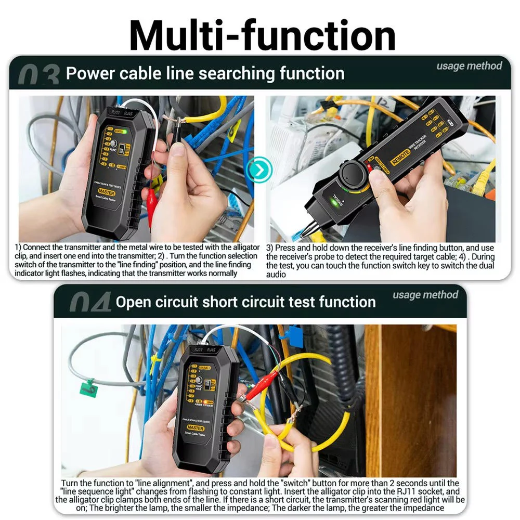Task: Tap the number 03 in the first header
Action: pos(38,76)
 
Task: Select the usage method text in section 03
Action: pos(469,66)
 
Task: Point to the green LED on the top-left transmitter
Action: pos(124,132)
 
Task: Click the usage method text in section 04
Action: pos(425,295)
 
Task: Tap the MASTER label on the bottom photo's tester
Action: pos(196,428)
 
